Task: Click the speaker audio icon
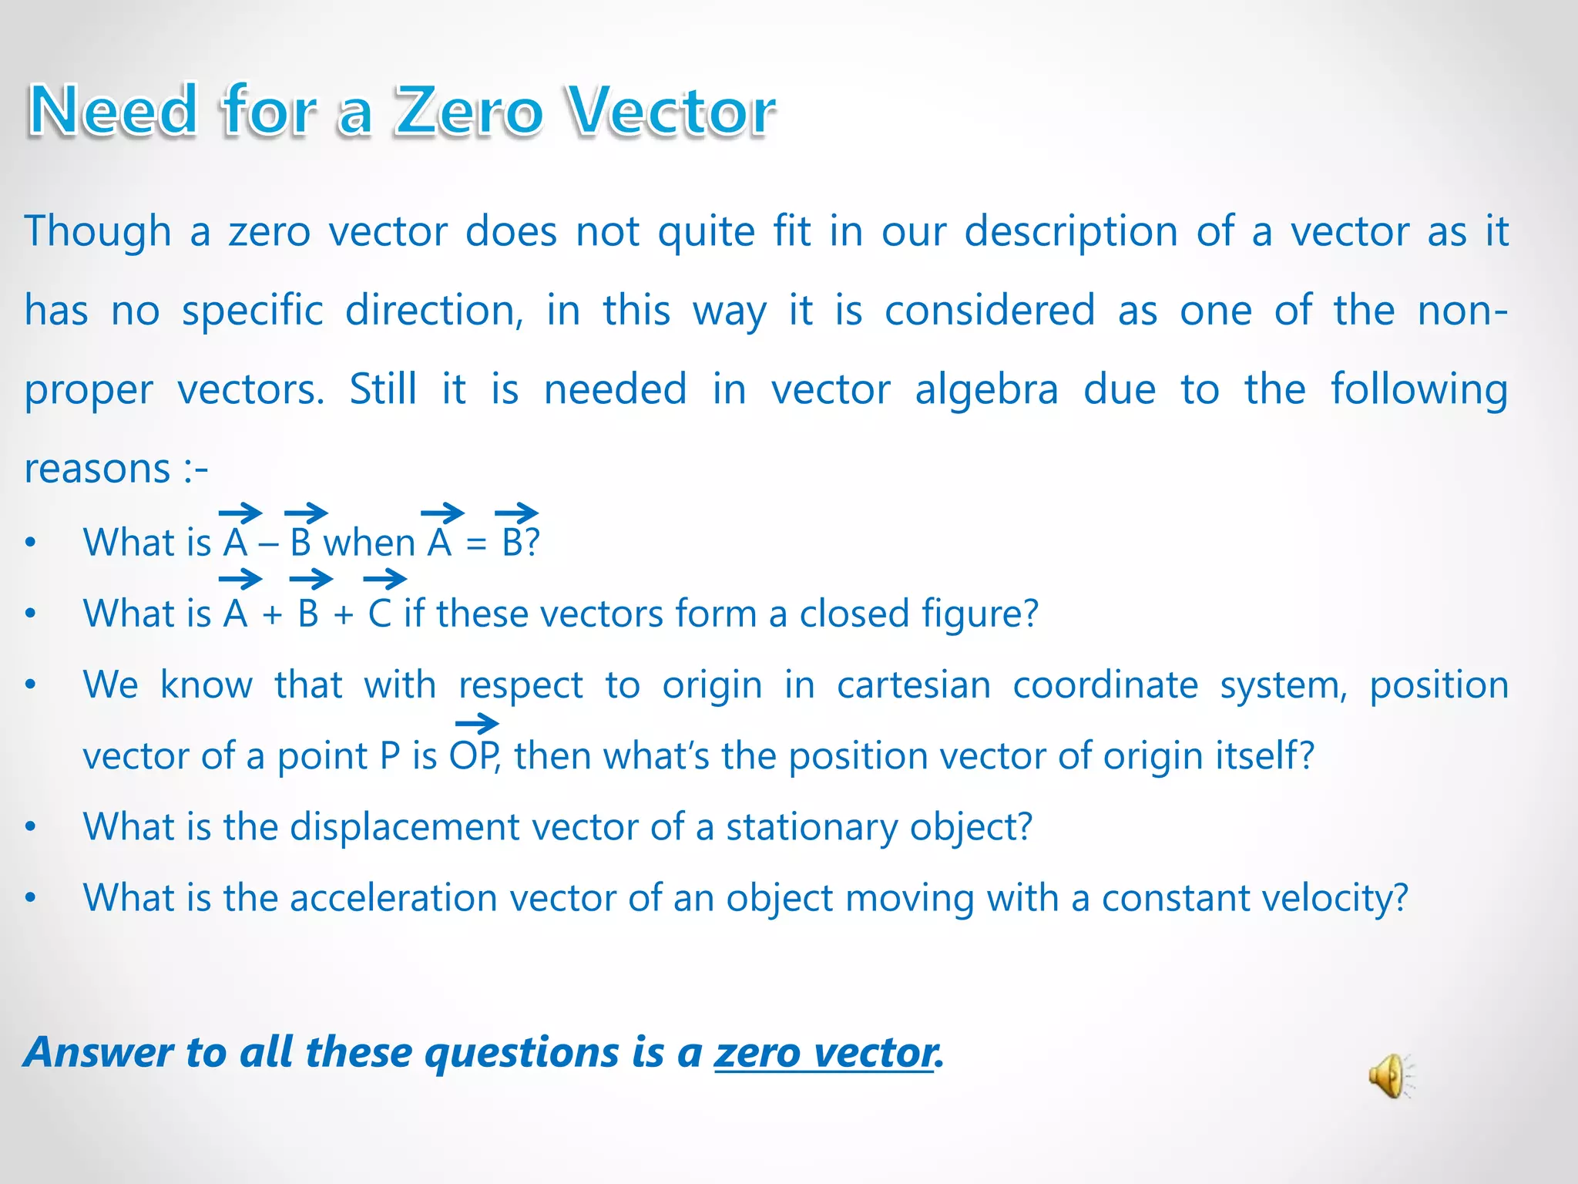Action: click(1390, 1076)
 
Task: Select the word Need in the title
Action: click(112, 112)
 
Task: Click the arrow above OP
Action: click(477, 724)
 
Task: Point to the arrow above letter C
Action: click(384, 579)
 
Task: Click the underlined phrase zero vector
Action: click(824, 1053)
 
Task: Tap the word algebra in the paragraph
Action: click(986, 389)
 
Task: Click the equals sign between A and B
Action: click(476, 544)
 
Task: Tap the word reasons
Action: click(97, 469)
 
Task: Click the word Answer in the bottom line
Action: click(99, 1053)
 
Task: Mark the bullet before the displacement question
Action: click(30, 827)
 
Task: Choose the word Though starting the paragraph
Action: click(97, 231)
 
